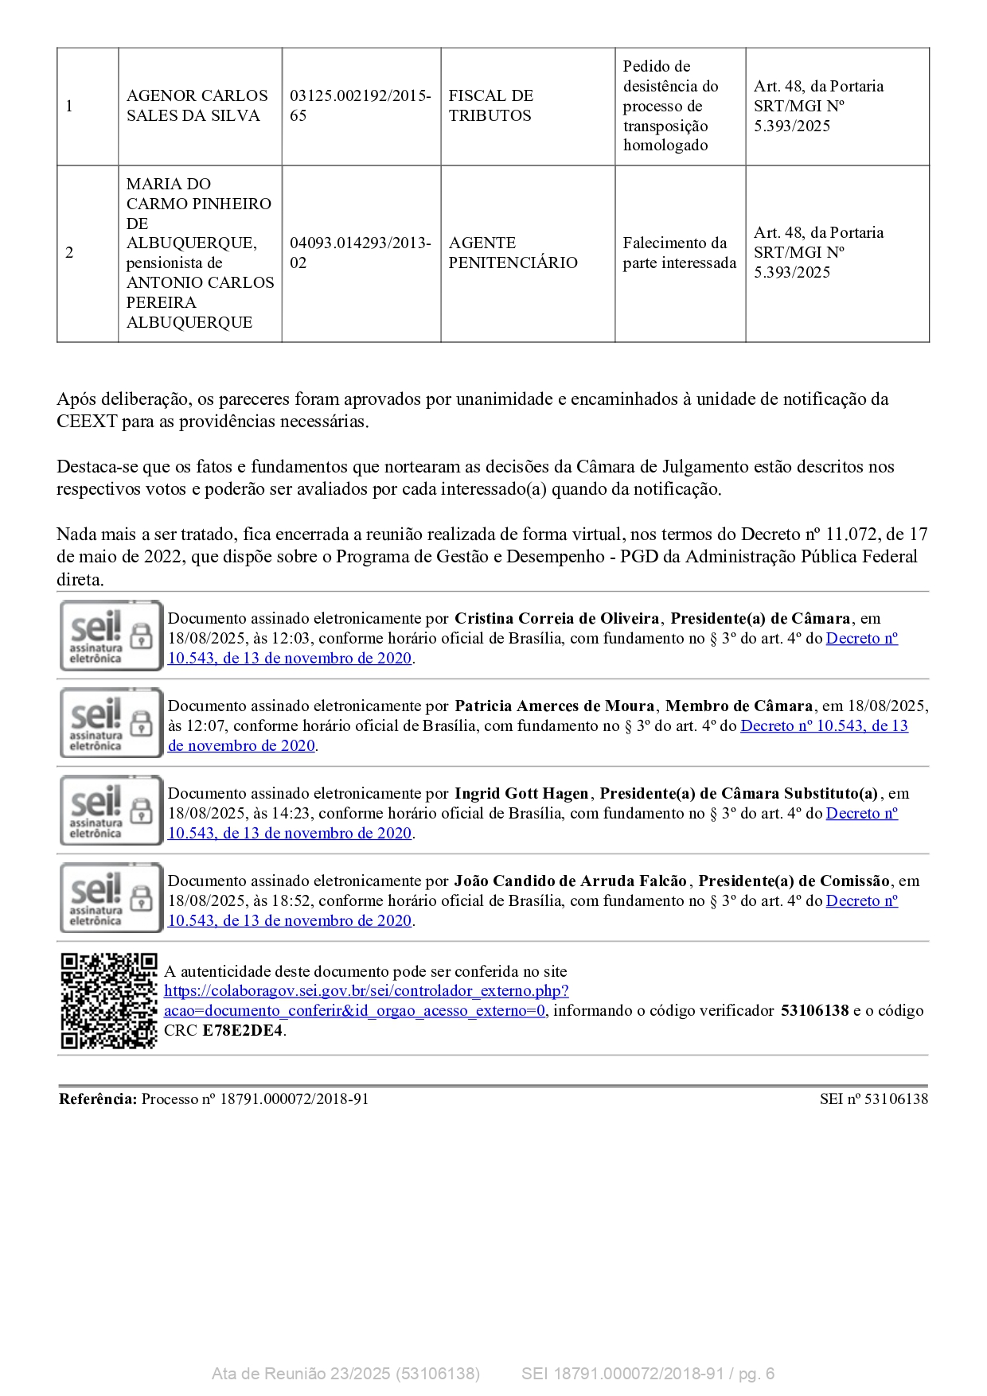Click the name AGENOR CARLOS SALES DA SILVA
pos(197,106)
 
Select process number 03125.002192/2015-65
pos(360,106)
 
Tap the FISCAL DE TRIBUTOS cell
pos(490,106)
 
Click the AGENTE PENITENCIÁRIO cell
pos(513,253)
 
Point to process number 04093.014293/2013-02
pos(360,253)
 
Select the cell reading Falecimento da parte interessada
pos(679,253)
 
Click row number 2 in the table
pos(69,253)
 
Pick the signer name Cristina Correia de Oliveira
pos(556,619)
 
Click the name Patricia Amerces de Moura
pos(554,706)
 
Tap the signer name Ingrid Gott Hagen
pos(521,794)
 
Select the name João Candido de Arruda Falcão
pos(570,881)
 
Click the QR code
pos(109,1000)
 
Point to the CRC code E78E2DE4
pos(242,1031)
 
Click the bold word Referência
pos(98,1099)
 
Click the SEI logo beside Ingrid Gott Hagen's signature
pos(111,811)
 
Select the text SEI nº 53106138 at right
pos(873,1099)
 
